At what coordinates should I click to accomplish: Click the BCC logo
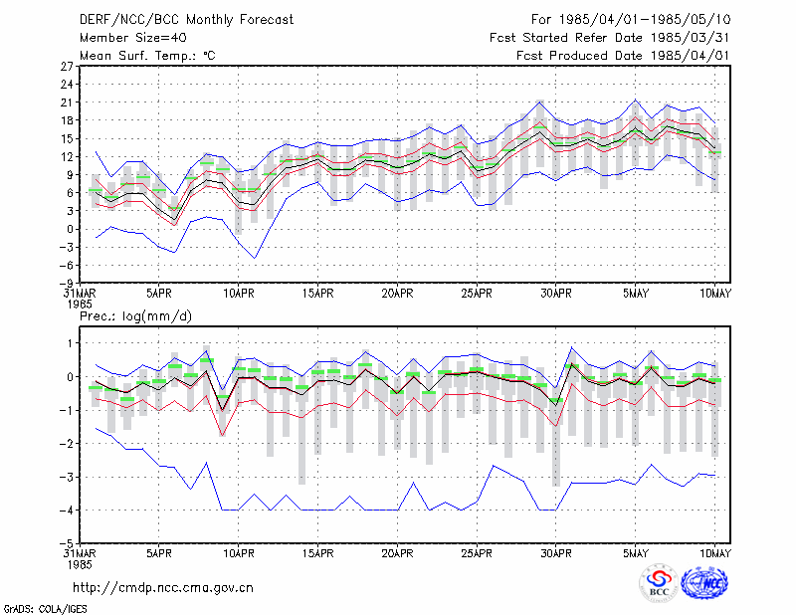pyautogui.click(x=659, y=583)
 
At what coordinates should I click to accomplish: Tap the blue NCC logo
pyautogui.click(x=704, y=583)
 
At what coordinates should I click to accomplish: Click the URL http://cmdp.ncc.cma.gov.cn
pyautogui.click(x=163, y=588)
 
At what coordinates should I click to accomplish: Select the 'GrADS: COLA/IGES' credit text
pyautogui.click(x=45, y=609)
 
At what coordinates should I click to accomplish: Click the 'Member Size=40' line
pyautogui.click(x=133, y=38)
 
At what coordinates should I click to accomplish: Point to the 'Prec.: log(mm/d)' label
pyautogui.click(x=135, y=316)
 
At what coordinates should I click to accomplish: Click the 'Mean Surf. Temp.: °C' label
pyautogui.click(x=147, y=56)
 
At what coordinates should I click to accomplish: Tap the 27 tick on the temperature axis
pyautogui.click(x=67, y=66)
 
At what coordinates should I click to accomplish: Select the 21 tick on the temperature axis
pyautogui.click(x=67, y=102)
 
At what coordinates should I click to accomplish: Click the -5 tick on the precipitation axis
pyautogui.click(x=66, y=543)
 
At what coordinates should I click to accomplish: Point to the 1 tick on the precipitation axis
pyautogui.click(x=70, y=343)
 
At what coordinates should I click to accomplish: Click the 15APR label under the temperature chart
pyautogui.click(x=317, y=294)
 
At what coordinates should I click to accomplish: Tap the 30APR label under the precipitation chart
pyautogui.click(x=556, y=553)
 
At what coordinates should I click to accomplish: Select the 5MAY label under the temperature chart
pyautogui.click(x=636, y=294)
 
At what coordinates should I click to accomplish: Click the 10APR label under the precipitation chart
pyautogui.click(x=238, y=553)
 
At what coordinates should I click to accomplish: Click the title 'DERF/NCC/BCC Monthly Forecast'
pyautogui.click(x=186, y=20)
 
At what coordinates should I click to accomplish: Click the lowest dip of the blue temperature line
pyautogui.click(x=255, y=258)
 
